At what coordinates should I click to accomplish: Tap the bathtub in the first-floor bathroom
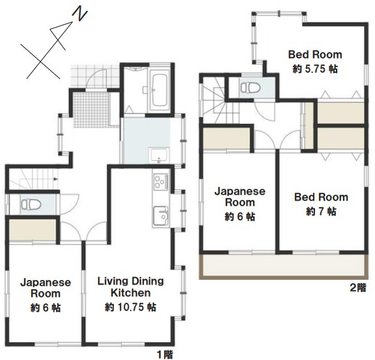point(160,90)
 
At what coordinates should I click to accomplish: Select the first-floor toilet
point(31,204)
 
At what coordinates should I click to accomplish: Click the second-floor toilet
point(251,87)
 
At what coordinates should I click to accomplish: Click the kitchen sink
point(161,215)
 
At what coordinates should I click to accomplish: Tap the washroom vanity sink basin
point(159,154)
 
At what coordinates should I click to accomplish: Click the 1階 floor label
point(165,354)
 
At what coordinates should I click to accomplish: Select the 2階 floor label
point(358,288)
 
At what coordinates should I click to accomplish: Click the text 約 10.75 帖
point(131,307)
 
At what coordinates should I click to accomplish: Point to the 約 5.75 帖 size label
point(315,69)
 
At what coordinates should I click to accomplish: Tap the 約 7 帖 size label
point(321,212)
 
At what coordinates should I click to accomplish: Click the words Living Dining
point(131,281)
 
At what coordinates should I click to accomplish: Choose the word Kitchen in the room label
point(131,293)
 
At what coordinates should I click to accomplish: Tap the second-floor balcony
point(283,266)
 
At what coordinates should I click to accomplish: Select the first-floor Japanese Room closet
point(33,230)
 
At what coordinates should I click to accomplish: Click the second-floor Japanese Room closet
point(227,138)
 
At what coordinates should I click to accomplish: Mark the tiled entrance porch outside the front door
point(95,76)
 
